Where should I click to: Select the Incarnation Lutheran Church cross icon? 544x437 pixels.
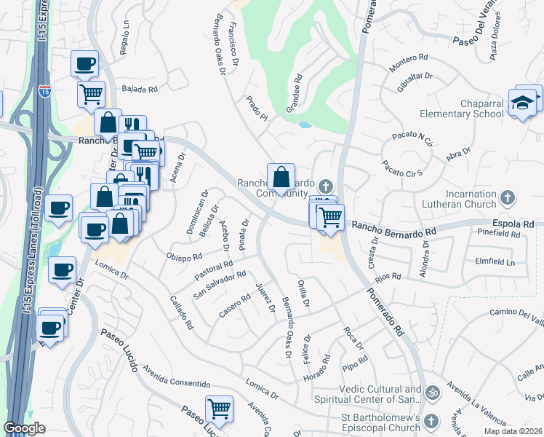(508, 197)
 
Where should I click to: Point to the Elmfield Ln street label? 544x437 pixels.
(494, 261)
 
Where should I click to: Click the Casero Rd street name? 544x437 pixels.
(235, 311)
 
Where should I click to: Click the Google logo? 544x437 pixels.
(24, 428)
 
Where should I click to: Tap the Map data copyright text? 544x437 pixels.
(513, 431)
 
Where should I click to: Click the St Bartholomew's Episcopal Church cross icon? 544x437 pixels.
(431, 421)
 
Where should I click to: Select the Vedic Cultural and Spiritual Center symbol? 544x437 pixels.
(433, 392)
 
